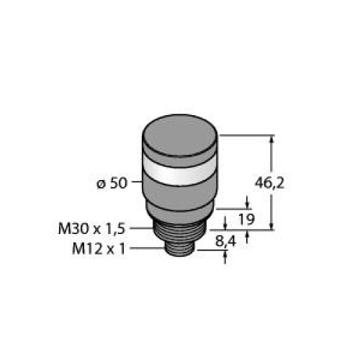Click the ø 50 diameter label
pos(111,183)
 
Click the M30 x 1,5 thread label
pos(91,228)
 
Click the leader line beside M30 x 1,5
pos(142,228)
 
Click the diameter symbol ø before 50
pos(102,184)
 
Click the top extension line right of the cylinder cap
pos(245,135)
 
